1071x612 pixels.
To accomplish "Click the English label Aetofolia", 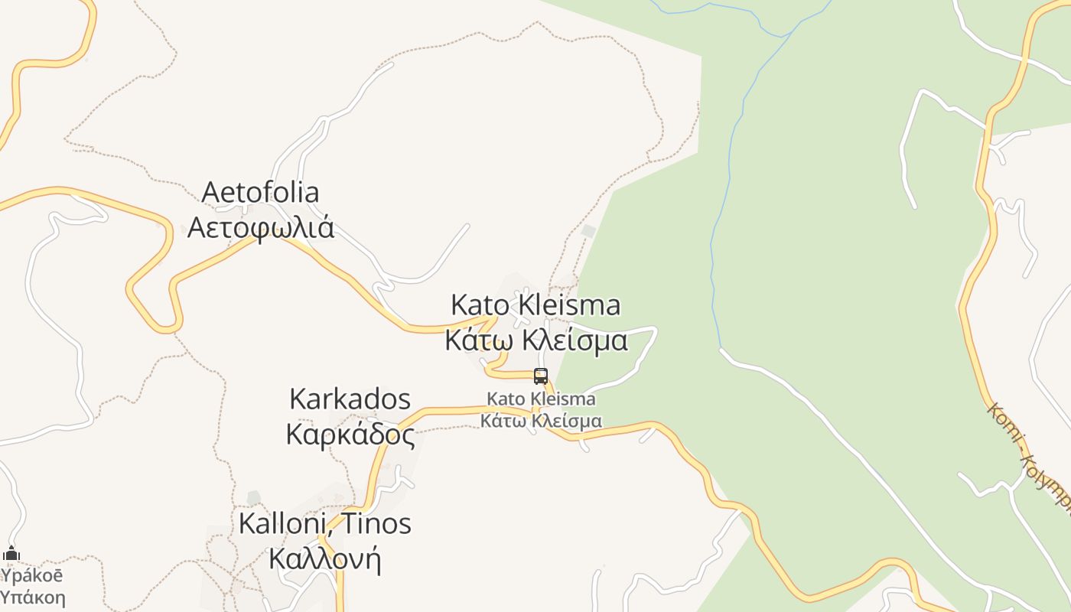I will click(x=260, y=192).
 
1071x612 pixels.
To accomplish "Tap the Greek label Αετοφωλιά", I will click(x=261, y=227).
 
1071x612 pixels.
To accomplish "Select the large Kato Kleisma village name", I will click(x=535, y=305).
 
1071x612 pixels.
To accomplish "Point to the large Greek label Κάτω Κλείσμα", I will click(x=536, y=340).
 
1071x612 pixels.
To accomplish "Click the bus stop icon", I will click(x=541, y=376).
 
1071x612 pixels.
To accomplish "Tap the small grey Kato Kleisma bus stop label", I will click(x=541, y=399).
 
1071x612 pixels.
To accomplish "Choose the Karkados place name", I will click(x=350, y=399).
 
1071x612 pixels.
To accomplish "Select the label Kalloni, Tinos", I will click(x=325, y=524).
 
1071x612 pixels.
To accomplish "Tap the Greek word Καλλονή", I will click(x=324, y=558).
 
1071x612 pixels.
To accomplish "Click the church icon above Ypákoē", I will click(x=11, y=554).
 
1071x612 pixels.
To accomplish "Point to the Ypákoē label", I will click(x=31, y=575).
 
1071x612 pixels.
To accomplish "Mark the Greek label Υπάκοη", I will click(x=33, y=597).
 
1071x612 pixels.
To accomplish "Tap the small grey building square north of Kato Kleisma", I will click(x=588, y=231).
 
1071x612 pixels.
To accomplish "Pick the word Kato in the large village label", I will click(x=480, y=305).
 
